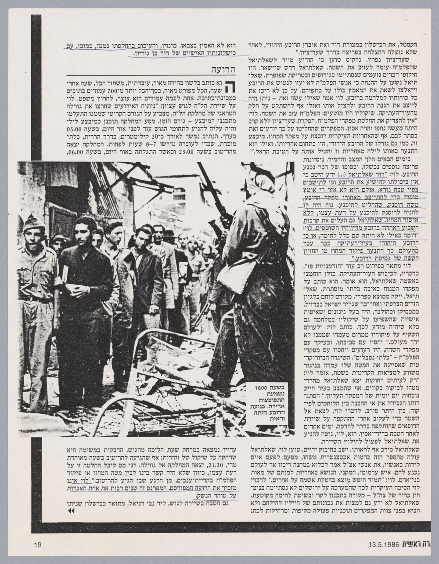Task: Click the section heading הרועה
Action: pyautogui.click(x=223, y=69)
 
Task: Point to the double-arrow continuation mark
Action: pyautogui.click(x=70, y=511)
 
